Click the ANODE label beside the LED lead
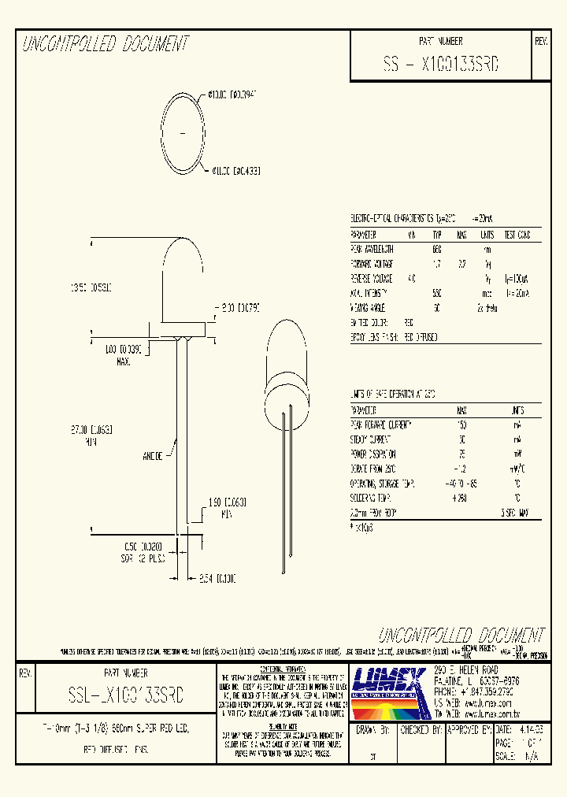pyautogui.click(x=153, y=455)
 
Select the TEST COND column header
pyautogui.click(x=517, y=235)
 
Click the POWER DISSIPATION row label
pyautogui.click(x=372, y=454)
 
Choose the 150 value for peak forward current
pyautogui.click(x=461, y=424)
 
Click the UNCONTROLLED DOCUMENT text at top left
pyautogui.click(x=106, y=44)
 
